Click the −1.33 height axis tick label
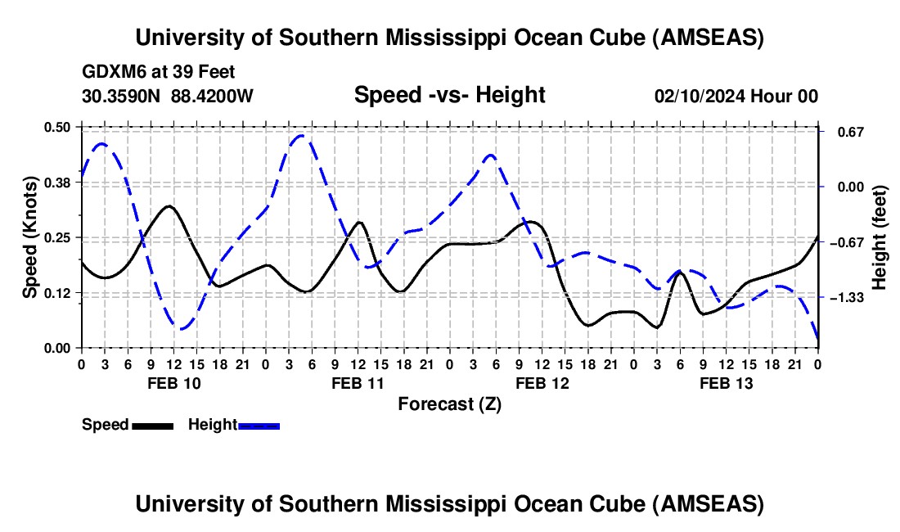click(847, 297)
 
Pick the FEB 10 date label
click(173, 383)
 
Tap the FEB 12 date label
click(542, 383)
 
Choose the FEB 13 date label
click(726, 383)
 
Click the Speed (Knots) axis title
click(29, 237)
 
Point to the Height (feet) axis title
click(880, 237)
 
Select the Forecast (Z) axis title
click(449, 404)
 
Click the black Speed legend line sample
click(152, 425)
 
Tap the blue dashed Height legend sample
click(259, 425)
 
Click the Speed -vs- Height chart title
click(449, 95)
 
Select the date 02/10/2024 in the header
click(700, 96)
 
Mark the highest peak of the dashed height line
click(301, 135)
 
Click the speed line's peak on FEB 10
click(169, 206)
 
